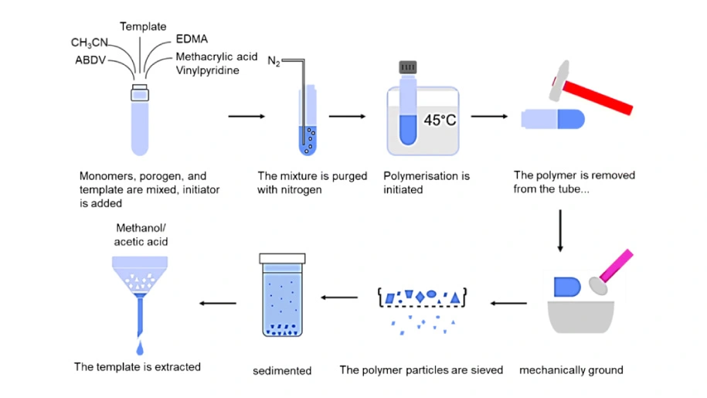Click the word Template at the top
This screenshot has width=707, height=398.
(x=143, y=27)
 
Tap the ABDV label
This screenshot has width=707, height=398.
(x=91, y=60)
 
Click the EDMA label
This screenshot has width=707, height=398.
(x=192, y=39)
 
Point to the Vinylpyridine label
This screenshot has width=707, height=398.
(x=207, y=70)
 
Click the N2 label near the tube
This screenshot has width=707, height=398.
(x=274, y=62)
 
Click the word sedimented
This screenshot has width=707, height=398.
(x=282, y=371)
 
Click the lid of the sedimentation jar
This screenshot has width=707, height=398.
(x=282, y=257)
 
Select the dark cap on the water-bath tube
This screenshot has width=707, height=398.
(x=409, y=67)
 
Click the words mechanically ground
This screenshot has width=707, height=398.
(x=571, y=370)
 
